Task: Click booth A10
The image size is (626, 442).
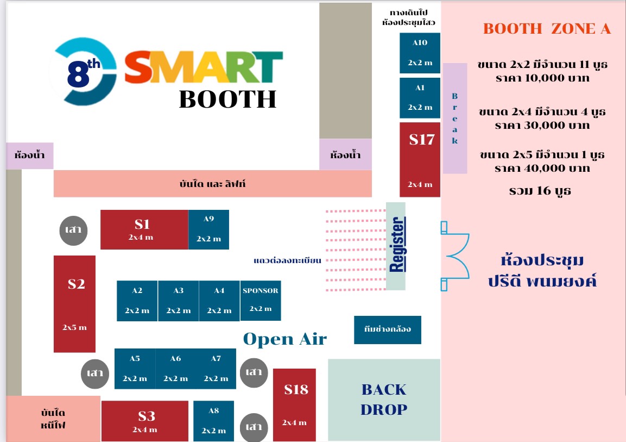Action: tap(420, 53)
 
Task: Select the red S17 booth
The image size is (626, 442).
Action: tap(420, 159)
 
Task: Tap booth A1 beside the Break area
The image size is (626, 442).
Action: tap(420, 98)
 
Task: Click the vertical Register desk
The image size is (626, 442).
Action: tap(396, 246)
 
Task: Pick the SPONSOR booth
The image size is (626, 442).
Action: tap(260, 301)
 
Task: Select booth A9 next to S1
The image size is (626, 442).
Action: tap(208, 229)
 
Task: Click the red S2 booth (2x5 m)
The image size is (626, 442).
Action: tap(75, 304)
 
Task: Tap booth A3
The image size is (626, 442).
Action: tap(179, 301)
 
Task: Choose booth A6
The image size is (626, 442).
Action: tap(176, 369)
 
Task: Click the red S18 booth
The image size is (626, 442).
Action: tap(294, 405)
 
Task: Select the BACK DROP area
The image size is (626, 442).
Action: tap(384, 400)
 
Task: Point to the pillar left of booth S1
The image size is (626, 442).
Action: tap(73, 231)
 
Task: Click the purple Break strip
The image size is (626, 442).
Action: tap(455, 119)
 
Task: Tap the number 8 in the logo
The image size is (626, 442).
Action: tap(78, 74)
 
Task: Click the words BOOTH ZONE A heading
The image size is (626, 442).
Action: tap(547, 29)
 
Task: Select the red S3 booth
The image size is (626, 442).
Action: tap(144, 421)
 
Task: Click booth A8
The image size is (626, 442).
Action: tap(213, 421)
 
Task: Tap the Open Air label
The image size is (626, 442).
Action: tap(284, 339)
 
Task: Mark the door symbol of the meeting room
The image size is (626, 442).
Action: tap(455, 256)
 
